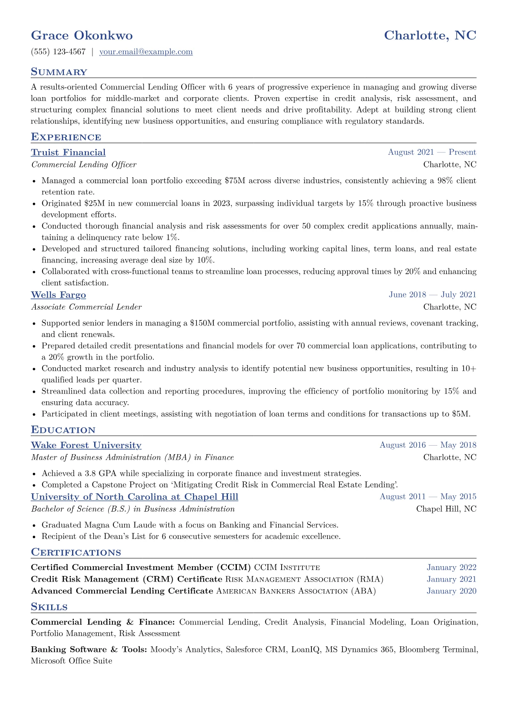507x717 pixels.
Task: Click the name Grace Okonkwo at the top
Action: pyautogui.click(x=82, y=35)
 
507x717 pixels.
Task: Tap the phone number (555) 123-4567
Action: pyautogui.click(x=58, y=52)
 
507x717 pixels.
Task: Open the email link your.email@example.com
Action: pyautogui.click(x=146, y=52)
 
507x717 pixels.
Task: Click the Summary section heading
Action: pyautogui.click(x=59, y=72)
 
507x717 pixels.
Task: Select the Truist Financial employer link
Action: pyautogui.click(x=68, y=153)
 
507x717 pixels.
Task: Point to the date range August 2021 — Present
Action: pyautogui.click(x=432, y=152)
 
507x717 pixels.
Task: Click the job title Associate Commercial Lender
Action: pyautogui.click(x=86, y=307)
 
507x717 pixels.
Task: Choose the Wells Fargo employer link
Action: pyautogui.click(x=58, y=295)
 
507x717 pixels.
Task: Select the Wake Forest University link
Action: pyautogui.click(x=86, y=445)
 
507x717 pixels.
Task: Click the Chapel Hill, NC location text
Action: pyautogui.click(x=446, y=509)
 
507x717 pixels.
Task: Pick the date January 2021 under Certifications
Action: pyautogui.click(x=451, y=579)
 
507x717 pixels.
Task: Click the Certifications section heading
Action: pyautogui.click(x=76, y=553)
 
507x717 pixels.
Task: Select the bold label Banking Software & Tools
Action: pyautogui.click(x=89, y=650)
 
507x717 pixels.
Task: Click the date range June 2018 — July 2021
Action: pyautogui.click(x=432, y=295)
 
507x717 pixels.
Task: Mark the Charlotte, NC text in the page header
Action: pyautogui.click(x=430, y=35)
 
